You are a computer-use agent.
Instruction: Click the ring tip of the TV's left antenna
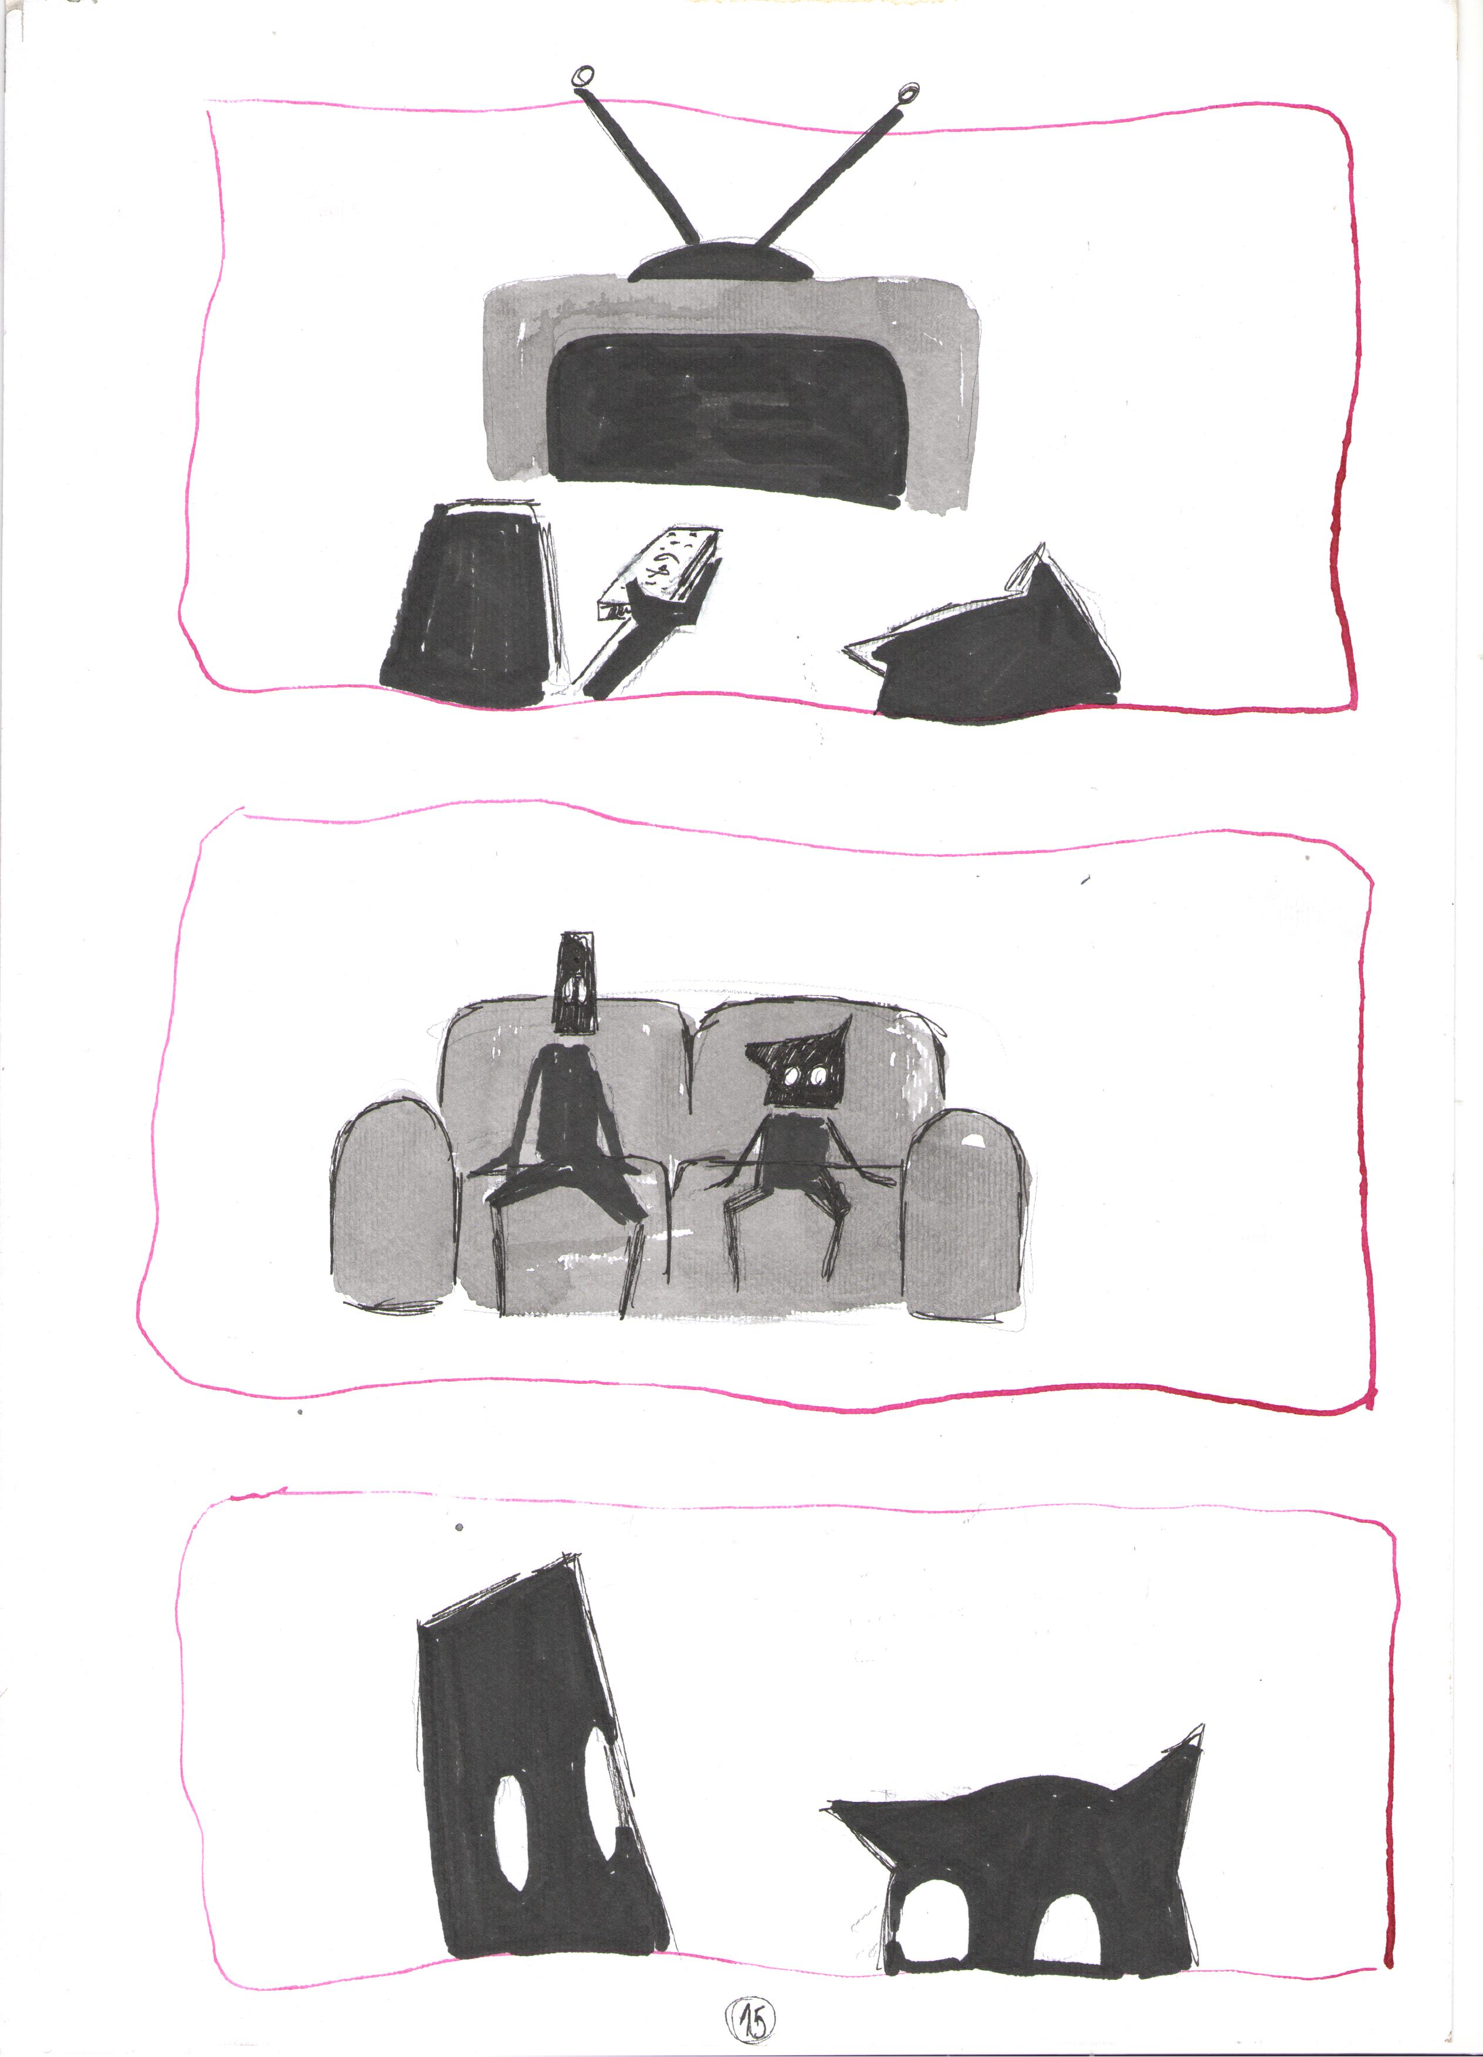click(x=584, y=76)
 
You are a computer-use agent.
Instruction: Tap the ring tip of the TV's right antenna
click(x=908, y=93)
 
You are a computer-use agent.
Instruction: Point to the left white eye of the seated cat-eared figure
click(x=794, y=1076)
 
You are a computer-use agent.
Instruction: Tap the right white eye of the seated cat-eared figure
click(x=818, y=1076)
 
